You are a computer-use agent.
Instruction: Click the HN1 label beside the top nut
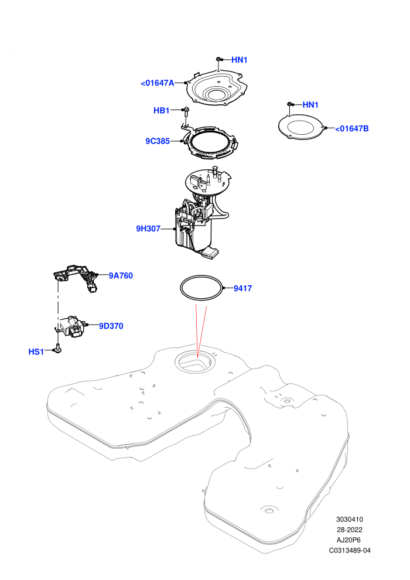pos(239,60)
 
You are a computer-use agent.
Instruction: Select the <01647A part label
pos(157,83)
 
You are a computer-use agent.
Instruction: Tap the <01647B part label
pos(352,129)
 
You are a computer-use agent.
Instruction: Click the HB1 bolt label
pos(161,111)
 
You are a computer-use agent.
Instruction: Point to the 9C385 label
pos(158,141)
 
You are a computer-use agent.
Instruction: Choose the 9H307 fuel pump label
pos(148,229)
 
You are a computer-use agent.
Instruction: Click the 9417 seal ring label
pos(242,288)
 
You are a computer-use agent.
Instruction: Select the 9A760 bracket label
pos(121,276)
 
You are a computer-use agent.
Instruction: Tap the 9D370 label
pos(111,326)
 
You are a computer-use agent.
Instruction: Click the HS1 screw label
pos(36,352)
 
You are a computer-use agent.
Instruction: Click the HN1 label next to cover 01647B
pos(310,105)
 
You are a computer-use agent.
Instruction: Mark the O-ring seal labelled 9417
pos(201,275)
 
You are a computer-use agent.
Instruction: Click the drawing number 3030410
pos(349,519)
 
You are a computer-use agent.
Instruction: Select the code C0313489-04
pos(350,550)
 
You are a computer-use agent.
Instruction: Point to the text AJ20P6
pos(348,540)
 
